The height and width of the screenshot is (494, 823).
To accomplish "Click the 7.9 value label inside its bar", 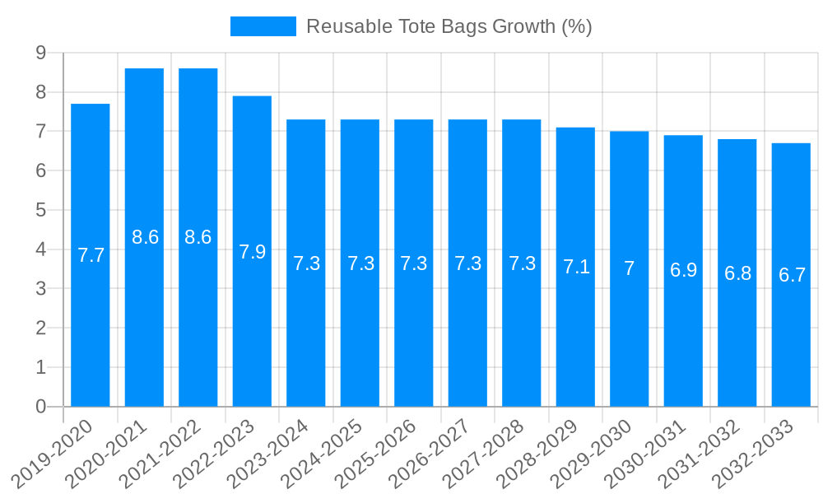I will point(252,252).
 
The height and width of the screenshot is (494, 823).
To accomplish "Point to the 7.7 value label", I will point(91,255).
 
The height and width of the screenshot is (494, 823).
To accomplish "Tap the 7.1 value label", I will point(575,267).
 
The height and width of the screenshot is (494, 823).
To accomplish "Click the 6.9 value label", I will point(683,270).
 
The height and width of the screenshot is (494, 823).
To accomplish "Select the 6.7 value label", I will point(791,275).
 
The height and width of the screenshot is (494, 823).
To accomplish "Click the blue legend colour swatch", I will point(263,26).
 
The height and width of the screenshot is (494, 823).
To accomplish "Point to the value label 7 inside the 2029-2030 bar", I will point(630,268).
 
